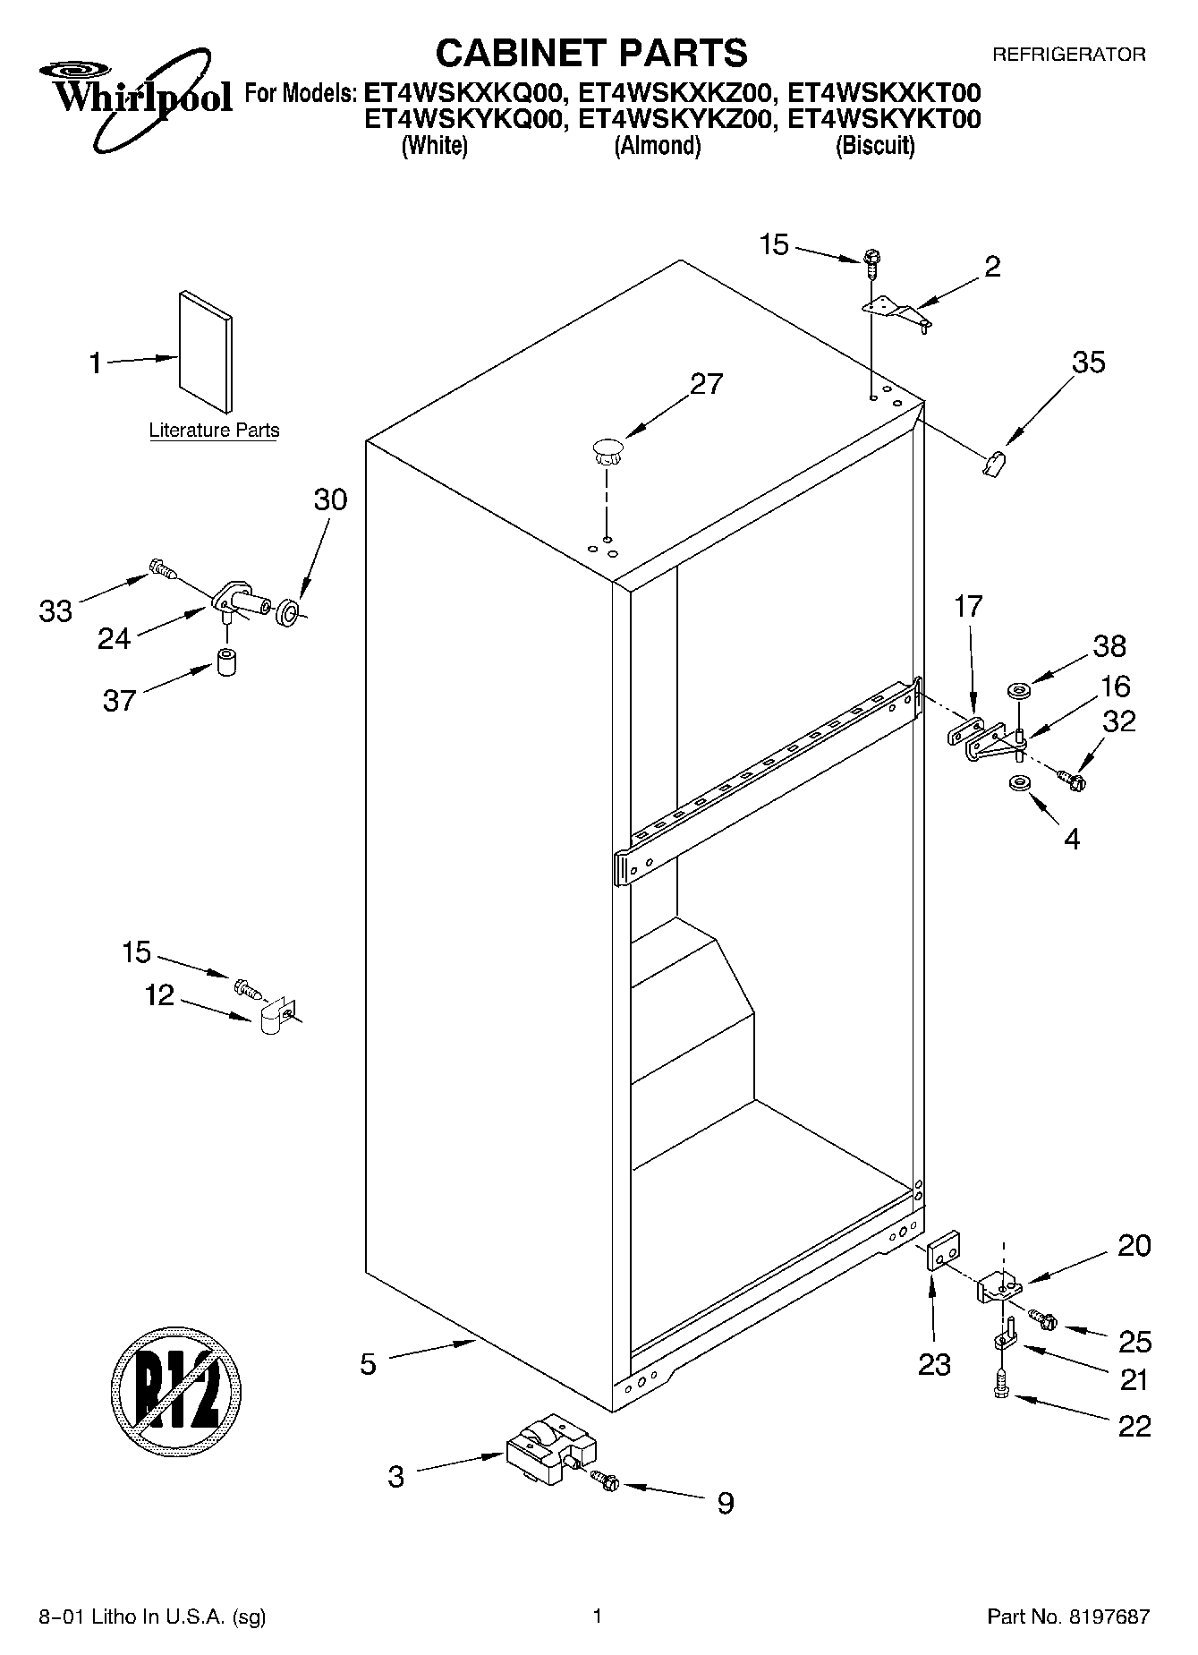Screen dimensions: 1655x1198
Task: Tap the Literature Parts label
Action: [214, 431]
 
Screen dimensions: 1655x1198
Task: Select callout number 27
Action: [706, 384]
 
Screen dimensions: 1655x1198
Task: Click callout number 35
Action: [1088, 363]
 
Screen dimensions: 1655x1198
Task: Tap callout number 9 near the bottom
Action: [725, 1503]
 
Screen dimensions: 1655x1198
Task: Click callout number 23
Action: [934, 1365]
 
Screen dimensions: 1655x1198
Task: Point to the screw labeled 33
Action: [162, 567]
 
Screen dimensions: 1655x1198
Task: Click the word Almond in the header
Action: [657, 146]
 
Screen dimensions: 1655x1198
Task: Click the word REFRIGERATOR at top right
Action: [1068, 55]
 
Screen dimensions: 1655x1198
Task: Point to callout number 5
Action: [369, 1364]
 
